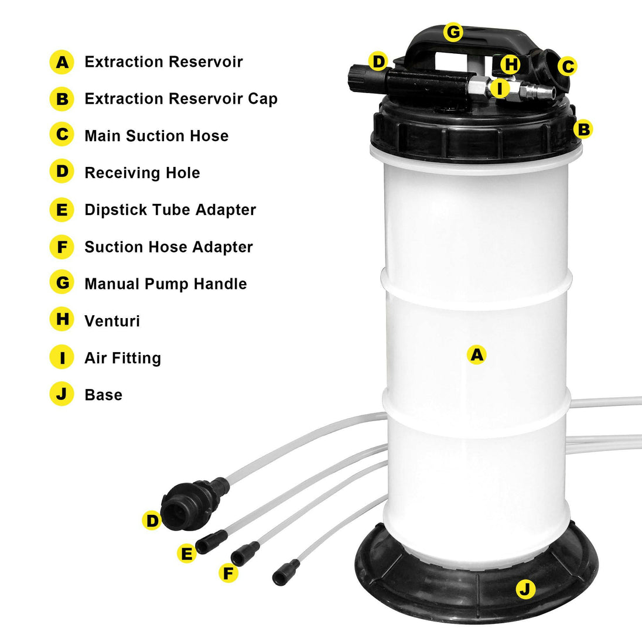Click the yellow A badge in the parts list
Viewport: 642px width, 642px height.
pyautogui.click(x=62, y=62)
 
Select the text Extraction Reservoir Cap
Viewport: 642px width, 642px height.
pyautogui.click(x=180, y=98)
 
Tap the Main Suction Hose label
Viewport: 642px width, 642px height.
pyautogui.click(x=156, y=136)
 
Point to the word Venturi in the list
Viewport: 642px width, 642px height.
pyautogui.click(x=112, y=321)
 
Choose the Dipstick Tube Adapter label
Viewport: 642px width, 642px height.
pyautogui.click(x=170, y=210)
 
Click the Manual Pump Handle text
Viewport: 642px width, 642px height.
pyautogui.click(x=165, y=284)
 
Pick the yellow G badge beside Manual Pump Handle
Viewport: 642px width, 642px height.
pyautogui.click(x=62, y=284)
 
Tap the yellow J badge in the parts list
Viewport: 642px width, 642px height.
pyautogui.click(x=62, y=394)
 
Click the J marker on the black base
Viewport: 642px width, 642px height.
pyautogui.click(x=525, y=589)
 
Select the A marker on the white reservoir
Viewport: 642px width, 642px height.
pyautogui.click(x=477, y=354)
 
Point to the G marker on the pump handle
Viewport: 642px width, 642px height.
pyautogui.click(x=453, y=32)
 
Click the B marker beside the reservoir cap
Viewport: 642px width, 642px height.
pyautogui.click(x=583, y=129)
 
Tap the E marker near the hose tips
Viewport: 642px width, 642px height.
pyautogui.click(x=186, y=553)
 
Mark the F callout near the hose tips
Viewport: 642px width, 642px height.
pyautogui.click(x=228, y=572)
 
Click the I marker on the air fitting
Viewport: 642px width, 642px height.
pyautogui.click(x=499, y=89)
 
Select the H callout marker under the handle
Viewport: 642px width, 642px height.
pyautogui.click(x=511, y=64)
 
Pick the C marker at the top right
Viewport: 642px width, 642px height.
pyautogui.click(x=567, y=67)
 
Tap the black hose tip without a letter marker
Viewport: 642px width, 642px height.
pyautogui.click(x=286, y=572)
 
